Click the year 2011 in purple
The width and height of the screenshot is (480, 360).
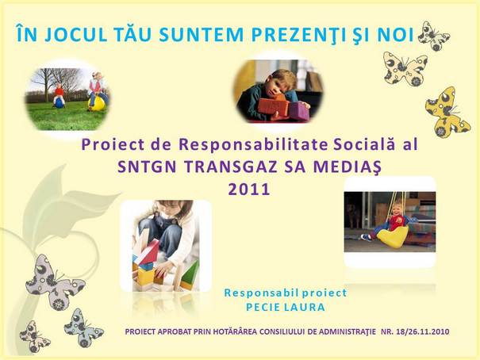point(249,190)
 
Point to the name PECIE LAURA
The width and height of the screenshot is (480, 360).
point(286,307)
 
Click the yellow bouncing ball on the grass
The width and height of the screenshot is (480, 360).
point(97,103)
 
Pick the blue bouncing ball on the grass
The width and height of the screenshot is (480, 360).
point(59,103)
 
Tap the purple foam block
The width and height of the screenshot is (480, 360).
point(299,111)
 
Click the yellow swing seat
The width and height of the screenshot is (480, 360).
point(392,236)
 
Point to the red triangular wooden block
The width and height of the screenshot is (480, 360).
point(148,252)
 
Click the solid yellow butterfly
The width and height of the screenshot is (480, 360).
point(447,113)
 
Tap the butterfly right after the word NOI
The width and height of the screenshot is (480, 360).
point(434,36)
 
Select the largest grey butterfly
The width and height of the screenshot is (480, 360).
point(55,282)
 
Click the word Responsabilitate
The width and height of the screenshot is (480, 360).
point(253,145)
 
